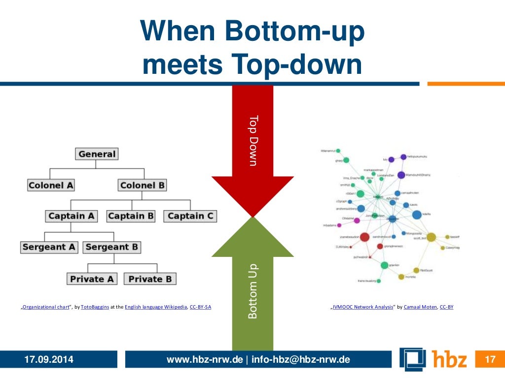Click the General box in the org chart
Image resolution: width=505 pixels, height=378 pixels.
point(97,154)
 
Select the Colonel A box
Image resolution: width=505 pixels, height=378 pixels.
point(51,186)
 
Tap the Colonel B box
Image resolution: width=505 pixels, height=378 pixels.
point(143,186)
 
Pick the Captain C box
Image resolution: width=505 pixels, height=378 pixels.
point(190,216)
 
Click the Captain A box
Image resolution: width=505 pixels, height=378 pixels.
point(71,216)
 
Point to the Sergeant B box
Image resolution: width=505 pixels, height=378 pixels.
point(111,247)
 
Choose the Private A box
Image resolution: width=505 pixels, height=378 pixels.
point(92,279)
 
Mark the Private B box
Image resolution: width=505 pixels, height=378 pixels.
point(150,279)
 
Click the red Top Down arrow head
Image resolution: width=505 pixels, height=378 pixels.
point(252,197)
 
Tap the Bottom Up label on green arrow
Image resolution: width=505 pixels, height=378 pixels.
point(252,290)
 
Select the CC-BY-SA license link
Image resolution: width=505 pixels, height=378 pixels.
point(200,307)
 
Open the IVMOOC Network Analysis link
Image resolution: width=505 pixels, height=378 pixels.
point(362,307)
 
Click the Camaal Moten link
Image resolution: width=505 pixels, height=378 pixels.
point(420,307)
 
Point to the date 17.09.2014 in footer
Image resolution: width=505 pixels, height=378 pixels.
point(49,360)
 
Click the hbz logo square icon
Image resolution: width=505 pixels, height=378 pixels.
point(413,359)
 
